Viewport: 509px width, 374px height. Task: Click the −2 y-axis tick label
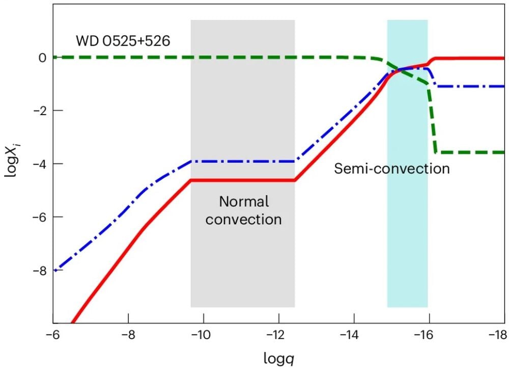41,111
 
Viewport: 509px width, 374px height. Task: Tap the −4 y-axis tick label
41,164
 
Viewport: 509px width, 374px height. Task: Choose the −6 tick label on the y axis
41,217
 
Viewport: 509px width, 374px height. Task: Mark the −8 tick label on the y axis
41,271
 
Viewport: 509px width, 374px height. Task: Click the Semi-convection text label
392,168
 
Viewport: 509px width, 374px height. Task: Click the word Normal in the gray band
244,201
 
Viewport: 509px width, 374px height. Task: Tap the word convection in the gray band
244,220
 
